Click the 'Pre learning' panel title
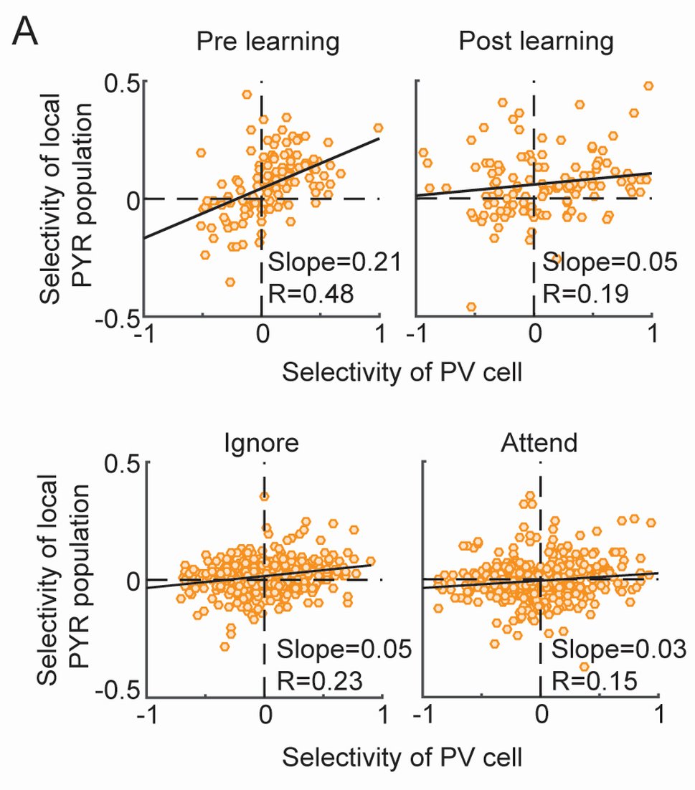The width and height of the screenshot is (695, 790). click(x=268, y=42)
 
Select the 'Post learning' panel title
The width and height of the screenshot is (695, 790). click(x=536, y=42)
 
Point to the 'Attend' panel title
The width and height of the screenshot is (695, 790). click(x=539, y=442)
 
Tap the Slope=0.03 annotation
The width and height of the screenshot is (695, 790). click(x=618, y=649)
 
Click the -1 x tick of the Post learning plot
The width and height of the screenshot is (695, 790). click(x=416, y=335)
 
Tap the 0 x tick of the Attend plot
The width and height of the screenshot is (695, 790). click(x=541, y=718)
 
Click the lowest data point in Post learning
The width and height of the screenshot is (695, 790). click(x=471, y=307)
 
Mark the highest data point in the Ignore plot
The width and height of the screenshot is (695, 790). click(x=265, y=496)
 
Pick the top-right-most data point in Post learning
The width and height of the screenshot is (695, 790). click(x=649, y=86)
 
